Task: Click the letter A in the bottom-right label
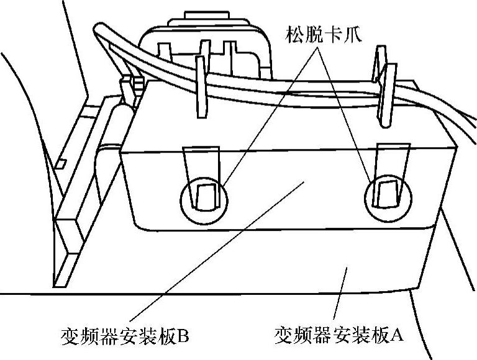click(397, 336)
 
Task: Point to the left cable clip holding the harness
click(201, 87)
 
